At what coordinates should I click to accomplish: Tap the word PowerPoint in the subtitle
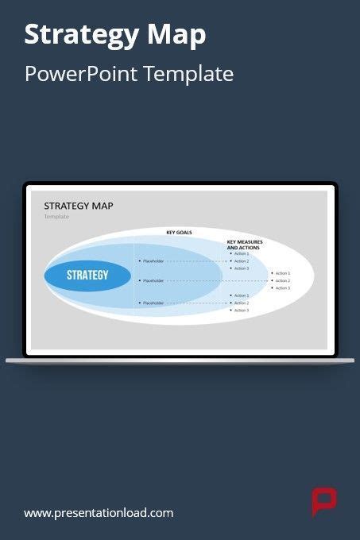82,75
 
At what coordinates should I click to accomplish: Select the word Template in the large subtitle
191,75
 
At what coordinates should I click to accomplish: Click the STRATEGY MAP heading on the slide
78,206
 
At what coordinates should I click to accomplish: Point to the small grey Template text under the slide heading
56,216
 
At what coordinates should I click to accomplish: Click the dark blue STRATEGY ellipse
87,276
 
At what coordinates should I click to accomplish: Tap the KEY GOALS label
179,233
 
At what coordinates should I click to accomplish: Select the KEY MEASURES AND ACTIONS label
245,245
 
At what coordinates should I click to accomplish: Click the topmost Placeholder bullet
153,260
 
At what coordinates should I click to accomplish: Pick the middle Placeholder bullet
153,280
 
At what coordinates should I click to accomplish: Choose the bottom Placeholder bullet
153,303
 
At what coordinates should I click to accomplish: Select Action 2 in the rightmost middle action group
283,280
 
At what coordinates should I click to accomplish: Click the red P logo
323,502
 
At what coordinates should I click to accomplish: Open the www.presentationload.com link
99,513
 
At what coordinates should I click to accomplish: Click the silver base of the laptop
180,361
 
